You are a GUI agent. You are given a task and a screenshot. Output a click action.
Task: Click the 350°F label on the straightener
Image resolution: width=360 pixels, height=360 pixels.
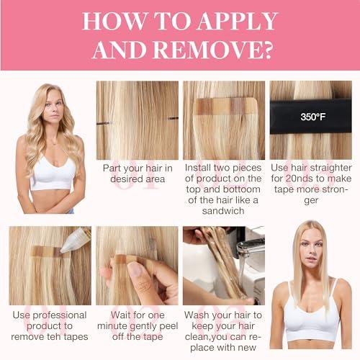312,117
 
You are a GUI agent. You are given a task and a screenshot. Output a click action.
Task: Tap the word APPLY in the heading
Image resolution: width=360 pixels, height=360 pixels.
238,21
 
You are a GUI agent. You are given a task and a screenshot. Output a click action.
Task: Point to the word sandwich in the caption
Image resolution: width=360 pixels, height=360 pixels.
223,211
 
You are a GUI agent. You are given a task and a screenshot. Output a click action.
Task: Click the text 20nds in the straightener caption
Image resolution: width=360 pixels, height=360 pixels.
297,179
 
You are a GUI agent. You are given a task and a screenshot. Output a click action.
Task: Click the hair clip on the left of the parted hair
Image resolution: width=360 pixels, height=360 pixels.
104,123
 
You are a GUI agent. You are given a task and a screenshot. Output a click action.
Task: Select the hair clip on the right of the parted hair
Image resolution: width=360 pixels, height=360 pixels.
173,118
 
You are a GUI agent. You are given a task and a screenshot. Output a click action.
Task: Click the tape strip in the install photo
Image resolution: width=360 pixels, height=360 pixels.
225,106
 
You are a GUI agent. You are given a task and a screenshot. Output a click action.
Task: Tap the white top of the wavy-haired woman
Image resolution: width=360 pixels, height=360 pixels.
54,174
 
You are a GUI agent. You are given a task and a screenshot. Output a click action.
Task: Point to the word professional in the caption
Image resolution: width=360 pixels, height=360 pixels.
60,315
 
